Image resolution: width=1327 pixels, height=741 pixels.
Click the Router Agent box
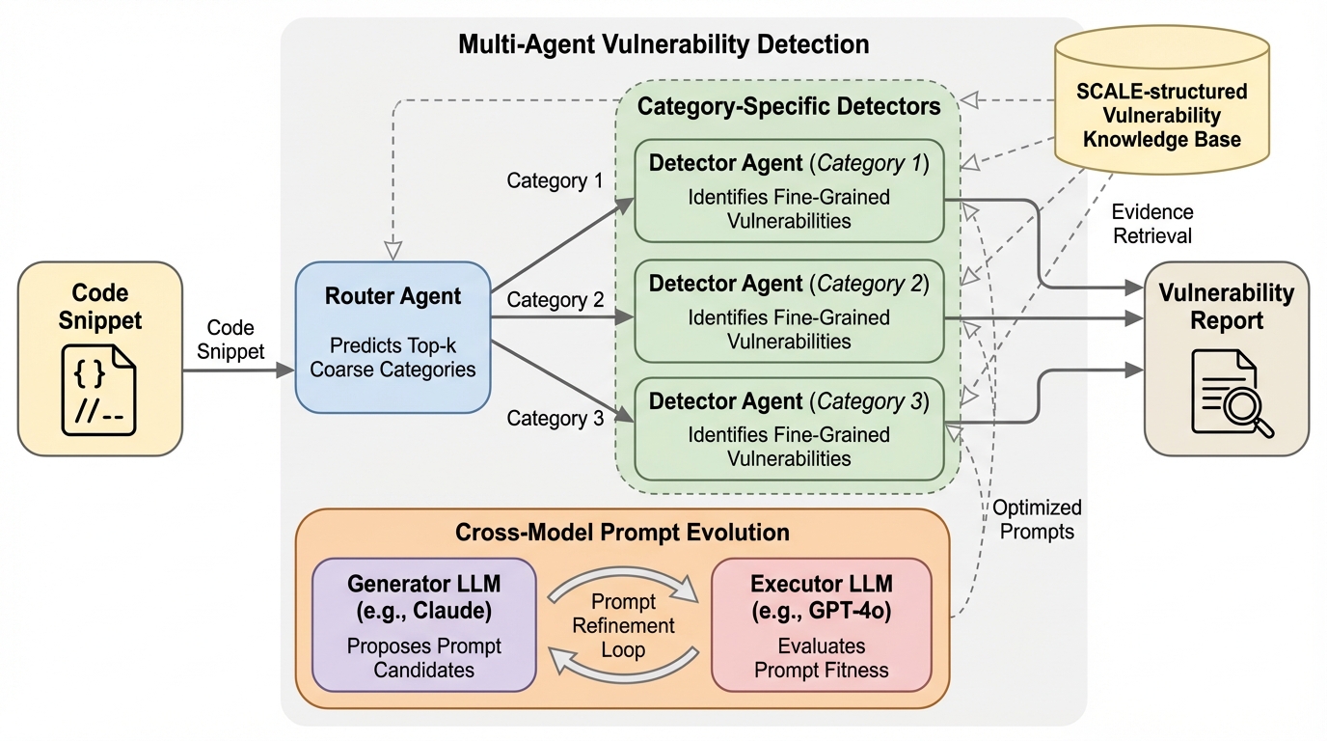393,337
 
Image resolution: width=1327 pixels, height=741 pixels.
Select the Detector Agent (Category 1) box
788,190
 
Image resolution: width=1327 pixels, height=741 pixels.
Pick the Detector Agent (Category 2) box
788,311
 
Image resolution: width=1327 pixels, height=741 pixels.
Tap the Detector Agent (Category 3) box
788,428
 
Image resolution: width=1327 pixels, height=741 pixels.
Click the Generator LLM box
423,624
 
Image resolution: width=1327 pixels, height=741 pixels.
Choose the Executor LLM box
821,624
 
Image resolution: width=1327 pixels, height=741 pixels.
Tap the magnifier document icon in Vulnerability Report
1232,393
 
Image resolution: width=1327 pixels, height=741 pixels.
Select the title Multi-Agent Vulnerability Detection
663,44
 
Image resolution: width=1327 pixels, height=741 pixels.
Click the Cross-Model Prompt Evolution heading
622,533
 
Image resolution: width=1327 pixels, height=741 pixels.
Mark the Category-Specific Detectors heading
789,106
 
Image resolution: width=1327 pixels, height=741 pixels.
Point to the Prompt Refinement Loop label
623,625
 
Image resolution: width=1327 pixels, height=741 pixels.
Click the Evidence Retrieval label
1152,224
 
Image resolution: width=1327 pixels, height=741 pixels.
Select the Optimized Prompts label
1037,519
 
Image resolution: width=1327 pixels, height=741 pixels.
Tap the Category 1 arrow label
555,180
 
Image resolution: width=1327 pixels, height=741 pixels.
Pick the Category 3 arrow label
555,418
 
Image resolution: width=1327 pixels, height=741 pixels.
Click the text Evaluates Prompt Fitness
821,657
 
